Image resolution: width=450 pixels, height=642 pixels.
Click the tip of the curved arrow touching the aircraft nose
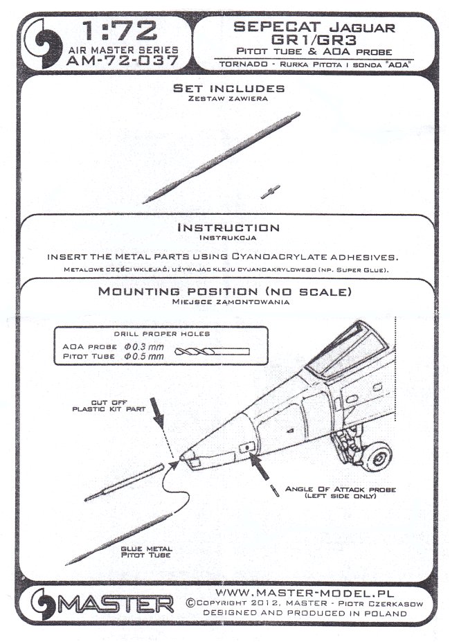[x=179, y=461]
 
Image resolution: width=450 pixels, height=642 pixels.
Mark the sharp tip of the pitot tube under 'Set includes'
[x=143, y=203]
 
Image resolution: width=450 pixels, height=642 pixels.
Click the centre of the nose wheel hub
[x=378, y=456]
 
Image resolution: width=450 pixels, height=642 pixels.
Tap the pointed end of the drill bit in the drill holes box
[x=175, y=351]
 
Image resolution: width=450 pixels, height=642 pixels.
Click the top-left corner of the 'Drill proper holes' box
[x=55, y=327]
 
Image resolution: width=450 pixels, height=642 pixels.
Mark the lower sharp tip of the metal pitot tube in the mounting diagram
[x=66, y=564]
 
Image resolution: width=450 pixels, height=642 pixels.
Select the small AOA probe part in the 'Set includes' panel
[x=271, y=192]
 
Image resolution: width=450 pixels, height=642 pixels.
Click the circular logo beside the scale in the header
[x=43, y=43]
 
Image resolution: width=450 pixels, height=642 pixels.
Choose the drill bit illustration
[x=212, y=352]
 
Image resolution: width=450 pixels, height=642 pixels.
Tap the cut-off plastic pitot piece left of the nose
[x=125, y=483]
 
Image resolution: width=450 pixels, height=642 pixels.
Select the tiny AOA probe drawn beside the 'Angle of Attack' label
[x=275, y=490]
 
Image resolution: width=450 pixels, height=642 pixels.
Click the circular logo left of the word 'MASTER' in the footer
[x=43, y=603]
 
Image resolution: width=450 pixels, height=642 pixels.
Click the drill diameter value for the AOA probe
[x=144, y=347]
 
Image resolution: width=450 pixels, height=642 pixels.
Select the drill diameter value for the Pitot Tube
[x=144, y=357]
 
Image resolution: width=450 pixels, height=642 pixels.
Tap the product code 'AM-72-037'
[x=123, y=60]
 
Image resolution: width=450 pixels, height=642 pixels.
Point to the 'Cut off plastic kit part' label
[x=109, y=406]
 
